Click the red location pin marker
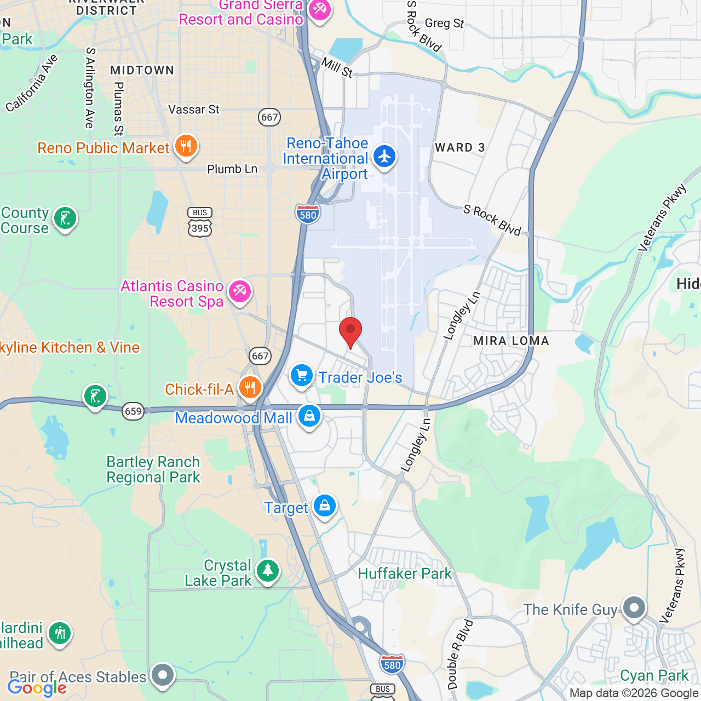point(350,331)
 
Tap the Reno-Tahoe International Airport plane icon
point(384,156)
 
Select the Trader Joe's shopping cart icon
point(302,376)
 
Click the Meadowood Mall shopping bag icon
point(309,416)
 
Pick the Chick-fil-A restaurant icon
point(250,388)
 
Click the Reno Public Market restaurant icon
point(186,146)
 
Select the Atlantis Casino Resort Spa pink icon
point(239,291)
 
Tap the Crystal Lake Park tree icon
point(268,571)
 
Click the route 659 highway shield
point(133,411)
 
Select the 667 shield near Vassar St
point(269,117)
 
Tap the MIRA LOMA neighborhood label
point(511,341)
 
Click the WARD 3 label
point(459,147)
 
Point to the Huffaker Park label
point(405,573)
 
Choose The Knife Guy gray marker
point(634,607)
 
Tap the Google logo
point(37,688)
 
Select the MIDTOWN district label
point(142,70)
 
